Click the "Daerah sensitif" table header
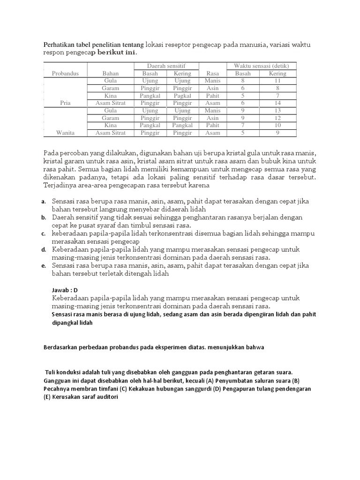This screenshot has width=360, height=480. pos(166,66)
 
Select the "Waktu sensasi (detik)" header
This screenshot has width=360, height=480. pos(261,66)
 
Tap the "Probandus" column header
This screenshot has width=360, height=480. pos(65,74)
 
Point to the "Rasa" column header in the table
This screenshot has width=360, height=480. pos(212,74)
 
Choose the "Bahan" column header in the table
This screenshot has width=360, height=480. pos(111,74)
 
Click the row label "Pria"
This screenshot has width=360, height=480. pos(65,103)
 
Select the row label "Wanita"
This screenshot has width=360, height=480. pos(65,133)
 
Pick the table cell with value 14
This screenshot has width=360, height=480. pos(278,103)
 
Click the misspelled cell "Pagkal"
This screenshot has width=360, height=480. pos(182,96)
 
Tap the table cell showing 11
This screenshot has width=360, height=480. pos(278,81)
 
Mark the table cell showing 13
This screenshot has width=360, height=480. pos(278,111)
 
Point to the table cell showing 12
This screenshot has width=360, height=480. pos(278,118)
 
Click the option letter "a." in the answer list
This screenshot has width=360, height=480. pos(43,202)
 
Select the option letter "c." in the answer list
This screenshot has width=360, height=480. pos(43,233)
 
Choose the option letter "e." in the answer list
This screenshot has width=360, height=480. pos(43,266)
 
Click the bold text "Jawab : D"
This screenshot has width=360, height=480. pos(65,290)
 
